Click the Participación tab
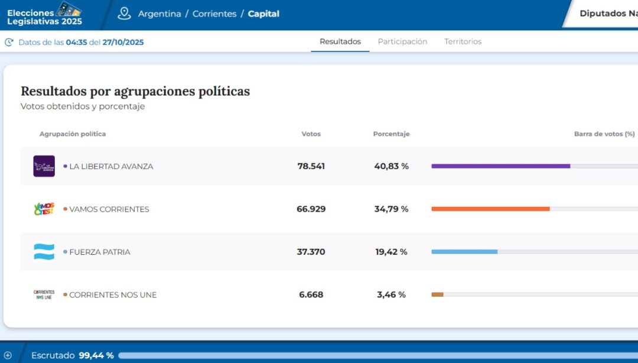point(402,42)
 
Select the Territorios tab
point(463,42)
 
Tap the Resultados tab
point(340,42)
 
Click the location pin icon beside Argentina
point(124,14)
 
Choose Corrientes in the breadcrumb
point(214,14)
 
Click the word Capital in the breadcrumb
point(263,14)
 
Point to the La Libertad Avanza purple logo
point(44,166)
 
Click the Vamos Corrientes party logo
point(44,209)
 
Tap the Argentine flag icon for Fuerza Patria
point(44,252)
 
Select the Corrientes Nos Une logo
point(44,294)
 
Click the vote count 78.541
point(311,166)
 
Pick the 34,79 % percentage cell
point(391,209)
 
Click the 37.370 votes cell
point(311,252)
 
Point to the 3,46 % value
point(391,294)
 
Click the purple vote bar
point(500,166)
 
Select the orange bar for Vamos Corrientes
point(490,209)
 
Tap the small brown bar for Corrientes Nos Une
point(437,294)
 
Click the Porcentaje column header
point(391,134)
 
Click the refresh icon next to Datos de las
point(9,42)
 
